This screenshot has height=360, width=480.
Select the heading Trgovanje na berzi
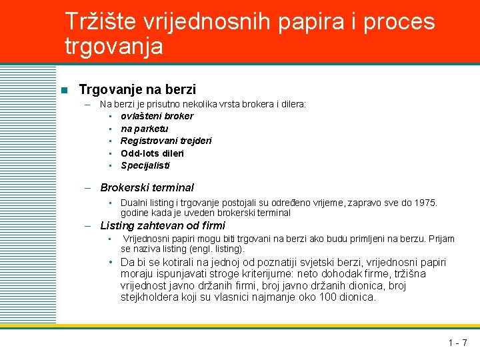click(137, 89)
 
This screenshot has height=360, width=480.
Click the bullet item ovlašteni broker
click(157, 116)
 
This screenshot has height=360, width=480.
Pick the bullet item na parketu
click(144, 129)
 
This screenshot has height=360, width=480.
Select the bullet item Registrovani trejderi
click(166, 141)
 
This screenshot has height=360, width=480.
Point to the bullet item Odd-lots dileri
click(152, 153)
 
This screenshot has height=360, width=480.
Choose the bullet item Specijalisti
click(145, 165)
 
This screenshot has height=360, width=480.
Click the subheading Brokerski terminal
click(147, 188)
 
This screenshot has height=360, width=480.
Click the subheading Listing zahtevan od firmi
click(163, 226)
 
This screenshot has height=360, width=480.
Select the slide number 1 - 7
click(457, 343)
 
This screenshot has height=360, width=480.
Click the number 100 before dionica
click(327, 297)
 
